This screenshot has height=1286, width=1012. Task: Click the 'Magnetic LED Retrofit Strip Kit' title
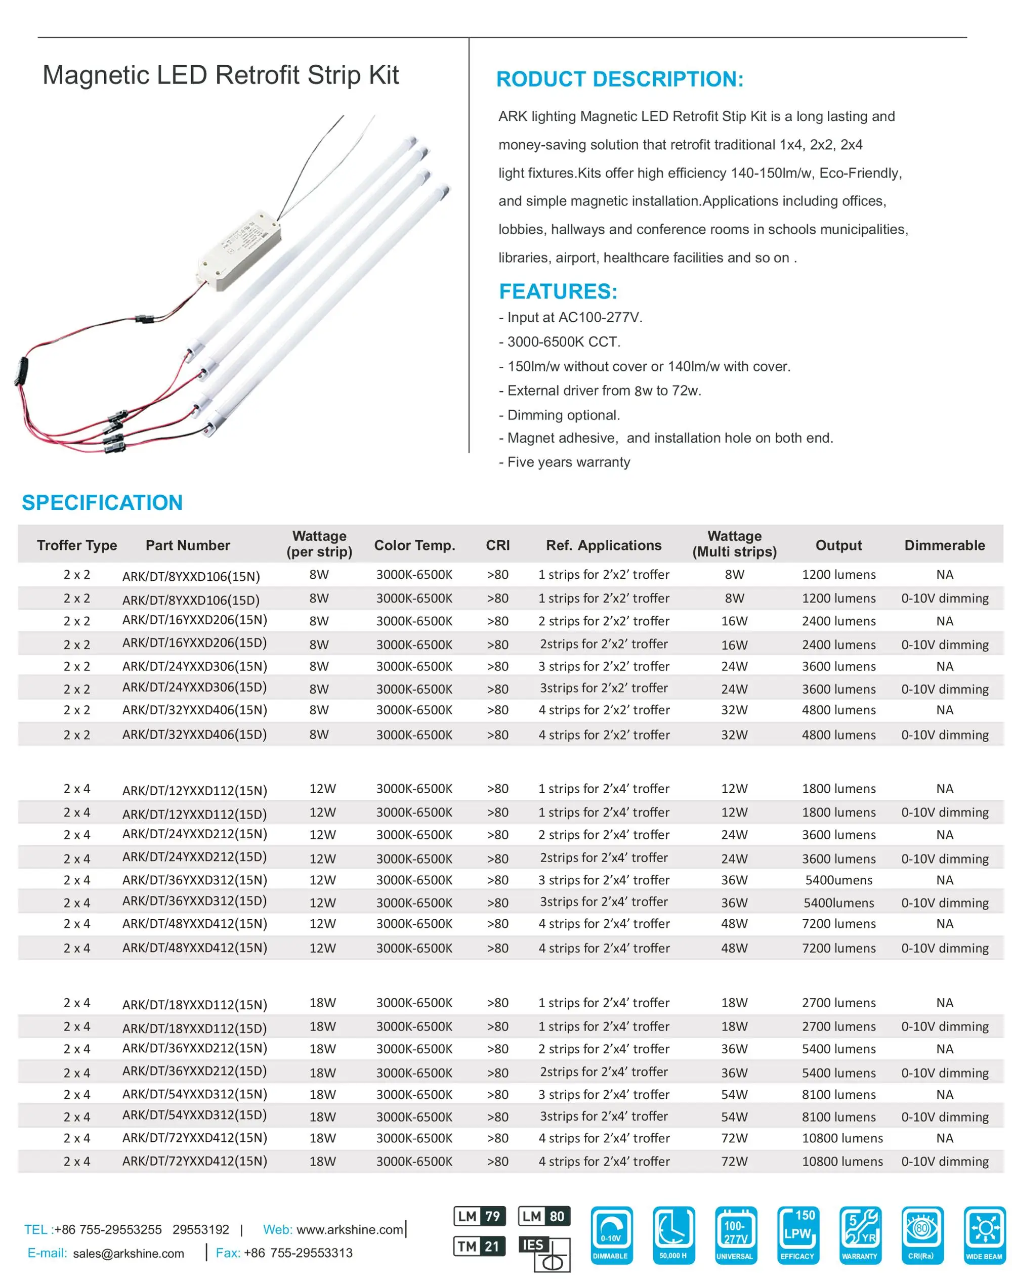tap(221, 75)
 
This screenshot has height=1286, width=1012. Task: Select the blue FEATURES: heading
tap(558, 291)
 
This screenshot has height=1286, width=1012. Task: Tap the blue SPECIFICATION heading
tap(102, 502)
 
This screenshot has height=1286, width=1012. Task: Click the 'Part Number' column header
tap(188, 545)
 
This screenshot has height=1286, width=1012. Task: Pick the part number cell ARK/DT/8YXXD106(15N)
tap(191, 576)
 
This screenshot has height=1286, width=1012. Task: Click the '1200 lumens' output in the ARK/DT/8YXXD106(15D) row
tap(838, 598)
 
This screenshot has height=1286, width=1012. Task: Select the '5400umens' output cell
tap(838, 880)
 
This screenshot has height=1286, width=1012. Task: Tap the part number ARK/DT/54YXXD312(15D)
tap(194, 1115)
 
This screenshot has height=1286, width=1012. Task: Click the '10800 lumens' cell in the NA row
tap(841, 1138)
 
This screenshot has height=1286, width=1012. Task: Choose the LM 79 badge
tap(479, 1216)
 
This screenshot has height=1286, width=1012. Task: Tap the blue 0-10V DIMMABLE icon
tap(611, 1234)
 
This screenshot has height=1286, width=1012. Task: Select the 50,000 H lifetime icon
tap(673, 1234)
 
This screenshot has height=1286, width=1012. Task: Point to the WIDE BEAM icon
tap(984, 1234)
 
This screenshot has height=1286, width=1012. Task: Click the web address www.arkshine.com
tap(350, 1229)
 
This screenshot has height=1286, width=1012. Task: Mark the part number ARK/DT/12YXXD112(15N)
tap(194, 790)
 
